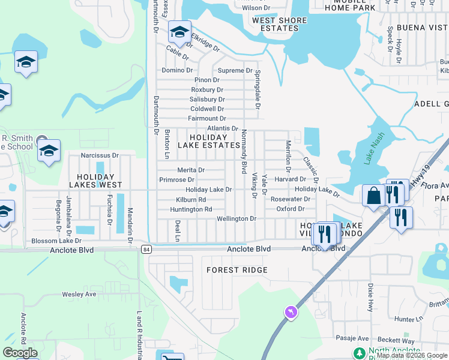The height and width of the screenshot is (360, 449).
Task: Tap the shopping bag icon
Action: tap(373, 196)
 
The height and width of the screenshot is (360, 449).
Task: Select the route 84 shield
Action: tap(146, 248)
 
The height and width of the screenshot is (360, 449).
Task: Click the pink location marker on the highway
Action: tap(291, 312)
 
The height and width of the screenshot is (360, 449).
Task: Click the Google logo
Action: tap(20, 353)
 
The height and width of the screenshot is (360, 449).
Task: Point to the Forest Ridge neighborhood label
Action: tap(237, 270)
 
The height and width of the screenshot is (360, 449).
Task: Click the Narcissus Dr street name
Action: tap(100, 155)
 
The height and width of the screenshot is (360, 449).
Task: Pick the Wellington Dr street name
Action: tap(237, 219)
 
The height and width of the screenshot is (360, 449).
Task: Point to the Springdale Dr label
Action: tap(257, 89)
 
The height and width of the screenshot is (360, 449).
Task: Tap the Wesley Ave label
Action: tap(79, 295)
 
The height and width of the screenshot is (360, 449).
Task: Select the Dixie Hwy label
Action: tap(370, 297)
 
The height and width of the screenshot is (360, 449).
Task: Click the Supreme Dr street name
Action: tap(235, 71)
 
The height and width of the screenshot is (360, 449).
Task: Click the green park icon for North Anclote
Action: tap(359, 353)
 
